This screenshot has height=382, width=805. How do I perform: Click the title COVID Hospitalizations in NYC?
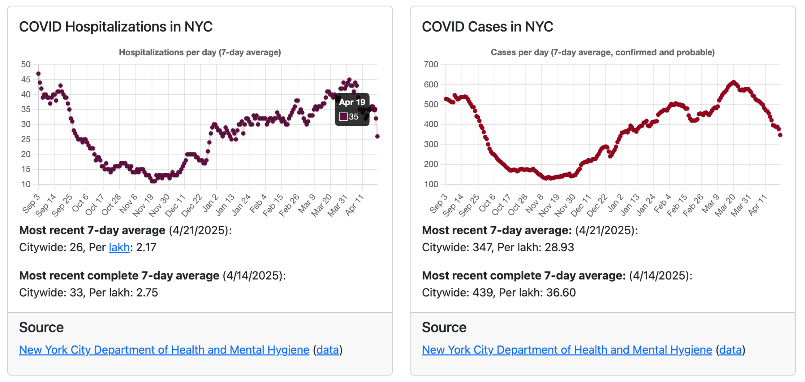pos(115,27)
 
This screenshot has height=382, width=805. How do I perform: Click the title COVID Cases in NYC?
pos(487,27)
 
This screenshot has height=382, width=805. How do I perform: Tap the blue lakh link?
pos(119,247)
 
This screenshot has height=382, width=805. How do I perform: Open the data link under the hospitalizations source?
pos(327,350)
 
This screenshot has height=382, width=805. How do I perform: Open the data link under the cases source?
pos(730,350)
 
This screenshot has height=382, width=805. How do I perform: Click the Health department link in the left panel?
pos(164,350)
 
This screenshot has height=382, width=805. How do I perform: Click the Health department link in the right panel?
pos(567,350)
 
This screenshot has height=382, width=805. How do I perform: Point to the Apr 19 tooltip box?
pos(352,109)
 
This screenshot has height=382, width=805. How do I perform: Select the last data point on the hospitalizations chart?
pos(377,136)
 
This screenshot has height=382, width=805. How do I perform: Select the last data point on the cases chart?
pos(780,135)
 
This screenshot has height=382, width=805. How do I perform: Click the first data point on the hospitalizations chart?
pos(38,74)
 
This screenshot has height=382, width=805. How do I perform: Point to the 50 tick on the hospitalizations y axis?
pos(26,65)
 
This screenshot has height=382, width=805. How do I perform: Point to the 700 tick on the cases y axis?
pos(431,65)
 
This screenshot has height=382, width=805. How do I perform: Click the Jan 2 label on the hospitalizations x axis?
pos(210,203)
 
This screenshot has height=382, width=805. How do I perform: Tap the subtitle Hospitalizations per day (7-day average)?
pos(200,52)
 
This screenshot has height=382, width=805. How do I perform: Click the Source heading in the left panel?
pos(41,327)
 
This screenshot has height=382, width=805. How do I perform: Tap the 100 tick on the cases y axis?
pos(431,184)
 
